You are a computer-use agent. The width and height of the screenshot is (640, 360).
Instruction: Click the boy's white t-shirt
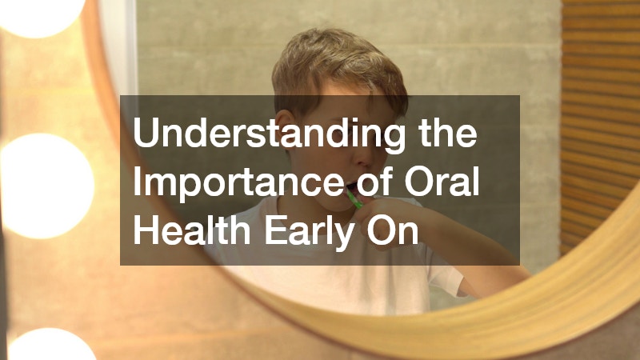[x=320, y=292]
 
